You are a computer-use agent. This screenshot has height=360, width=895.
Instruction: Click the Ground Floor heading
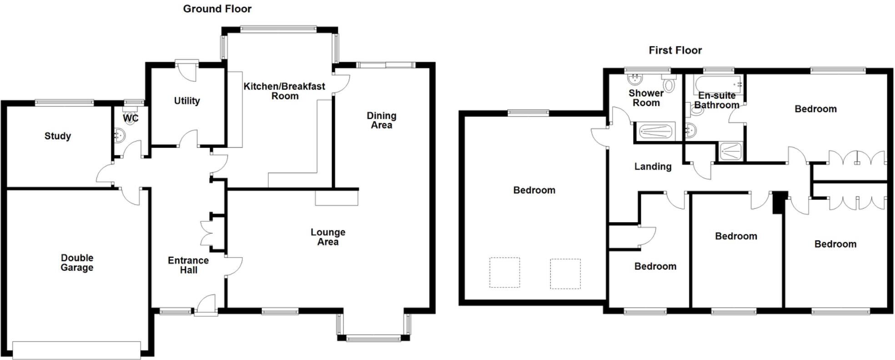[x=217, y=9]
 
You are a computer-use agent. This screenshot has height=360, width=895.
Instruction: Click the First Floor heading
[x=675, y=50]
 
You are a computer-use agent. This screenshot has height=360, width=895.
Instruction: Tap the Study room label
[x=58, y=136]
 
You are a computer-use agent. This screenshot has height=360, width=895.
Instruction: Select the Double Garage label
[x=77, y=263]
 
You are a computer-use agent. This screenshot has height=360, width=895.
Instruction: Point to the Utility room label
[x=187, y=100]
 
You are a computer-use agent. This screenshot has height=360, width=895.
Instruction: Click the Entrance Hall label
[x=188, y=265]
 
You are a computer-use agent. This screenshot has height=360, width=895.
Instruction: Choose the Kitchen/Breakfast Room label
[x=284, y=91]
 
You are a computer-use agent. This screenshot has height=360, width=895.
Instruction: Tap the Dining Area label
[x=382, y=120]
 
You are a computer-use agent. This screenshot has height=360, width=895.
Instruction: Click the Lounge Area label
[x=328, y=237]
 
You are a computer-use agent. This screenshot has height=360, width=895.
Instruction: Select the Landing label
[x=653, y=166]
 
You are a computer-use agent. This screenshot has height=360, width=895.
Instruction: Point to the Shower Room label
[x=646, y=98]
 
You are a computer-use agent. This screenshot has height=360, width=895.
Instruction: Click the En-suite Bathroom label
[x=717, y=100]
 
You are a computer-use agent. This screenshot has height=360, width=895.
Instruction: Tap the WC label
[x=131, y=118]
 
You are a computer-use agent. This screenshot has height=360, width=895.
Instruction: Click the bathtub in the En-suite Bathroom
[x=719, y=84]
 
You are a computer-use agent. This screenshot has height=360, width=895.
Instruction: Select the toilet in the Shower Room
[x=669, y=85]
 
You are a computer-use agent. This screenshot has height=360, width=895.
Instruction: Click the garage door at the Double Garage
[x=76, y=350]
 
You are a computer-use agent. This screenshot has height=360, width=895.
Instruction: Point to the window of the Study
[x=64, y=102]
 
